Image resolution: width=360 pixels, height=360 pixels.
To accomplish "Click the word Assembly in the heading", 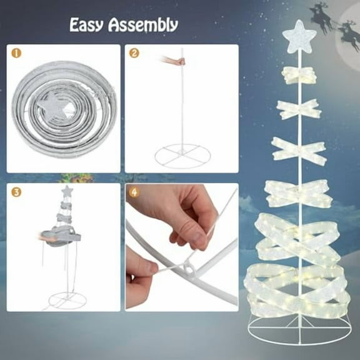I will (143, 26).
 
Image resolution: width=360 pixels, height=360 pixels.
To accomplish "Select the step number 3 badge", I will (15, 192).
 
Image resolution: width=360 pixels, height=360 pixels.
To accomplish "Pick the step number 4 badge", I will (134, 192).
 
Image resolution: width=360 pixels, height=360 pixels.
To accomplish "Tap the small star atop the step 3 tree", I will (67, 189).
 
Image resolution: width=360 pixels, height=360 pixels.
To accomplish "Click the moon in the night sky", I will (351, 40).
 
